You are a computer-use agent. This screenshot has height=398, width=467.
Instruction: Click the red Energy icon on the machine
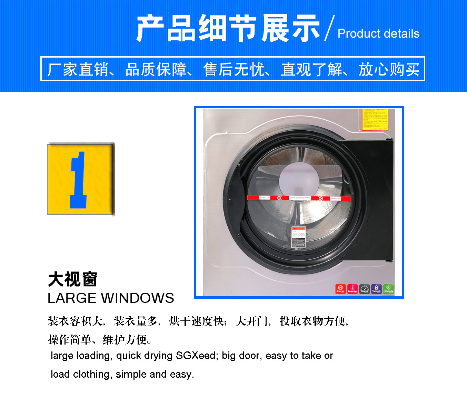pos(340,289)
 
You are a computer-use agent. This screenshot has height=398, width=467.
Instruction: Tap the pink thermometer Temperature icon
pos(352,289)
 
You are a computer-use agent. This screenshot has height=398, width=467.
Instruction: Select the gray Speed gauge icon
pos(365,289)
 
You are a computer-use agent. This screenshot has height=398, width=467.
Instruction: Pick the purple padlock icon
pos(376,289)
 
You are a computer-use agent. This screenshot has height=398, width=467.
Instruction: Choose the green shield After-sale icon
pos(388,289)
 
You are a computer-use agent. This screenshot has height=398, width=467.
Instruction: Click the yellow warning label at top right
pos(375,120)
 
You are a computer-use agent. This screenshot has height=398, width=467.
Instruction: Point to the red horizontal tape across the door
pos(299,198)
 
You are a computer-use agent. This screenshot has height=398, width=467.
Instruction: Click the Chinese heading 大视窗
pos(73,279)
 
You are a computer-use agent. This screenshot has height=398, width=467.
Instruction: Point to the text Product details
pos(378,34)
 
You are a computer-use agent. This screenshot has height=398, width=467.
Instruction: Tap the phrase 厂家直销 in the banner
pos(78,69)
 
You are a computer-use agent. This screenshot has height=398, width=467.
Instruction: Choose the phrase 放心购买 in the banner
pos(389,69)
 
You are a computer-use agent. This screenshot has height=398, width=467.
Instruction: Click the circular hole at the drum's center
pos(294,179)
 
